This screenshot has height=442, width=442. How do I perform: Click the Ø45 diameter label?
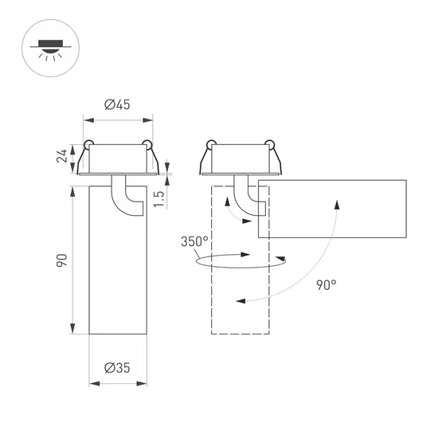[118, 105]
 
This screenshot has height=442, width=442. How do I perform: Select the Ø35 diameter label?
[118, 367]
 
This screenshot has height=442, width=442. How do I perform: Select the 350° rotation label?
[194, 241]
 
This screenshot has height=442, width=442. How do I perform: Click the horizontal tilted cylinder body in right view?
[334, 209]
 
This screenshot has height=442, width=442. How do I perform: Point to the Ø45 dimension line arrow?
[118, 120]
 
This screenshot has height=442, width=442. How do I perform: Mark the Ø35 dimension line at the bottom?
[118, 383]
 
